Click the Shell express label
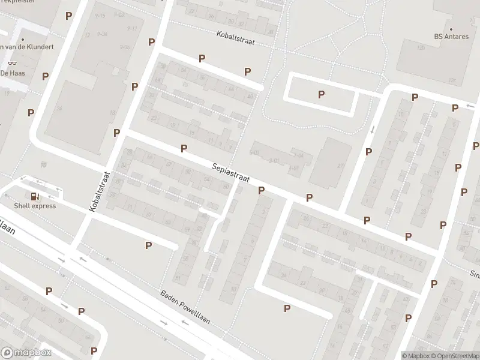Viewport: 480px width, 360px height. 36,206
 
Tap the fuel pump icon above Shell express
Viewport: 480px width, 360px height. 35,196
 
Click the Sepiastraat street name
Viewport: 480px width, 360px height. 230,173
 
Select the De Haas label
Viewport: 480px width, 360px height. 12,73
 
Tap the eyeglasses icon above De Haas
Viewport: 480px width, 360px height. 12,63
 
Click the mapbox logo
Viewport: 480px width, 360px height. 26,352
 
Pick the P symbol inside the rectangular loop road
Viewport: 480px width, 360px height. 322,94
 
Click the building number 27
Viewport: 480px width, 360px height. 340,166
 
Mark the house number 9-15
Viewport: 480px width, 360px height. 100,15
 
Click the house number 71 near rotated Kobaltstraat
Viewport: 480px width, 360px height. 129,207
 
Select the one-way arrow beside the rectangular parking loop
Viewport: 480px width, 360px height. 373,129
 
